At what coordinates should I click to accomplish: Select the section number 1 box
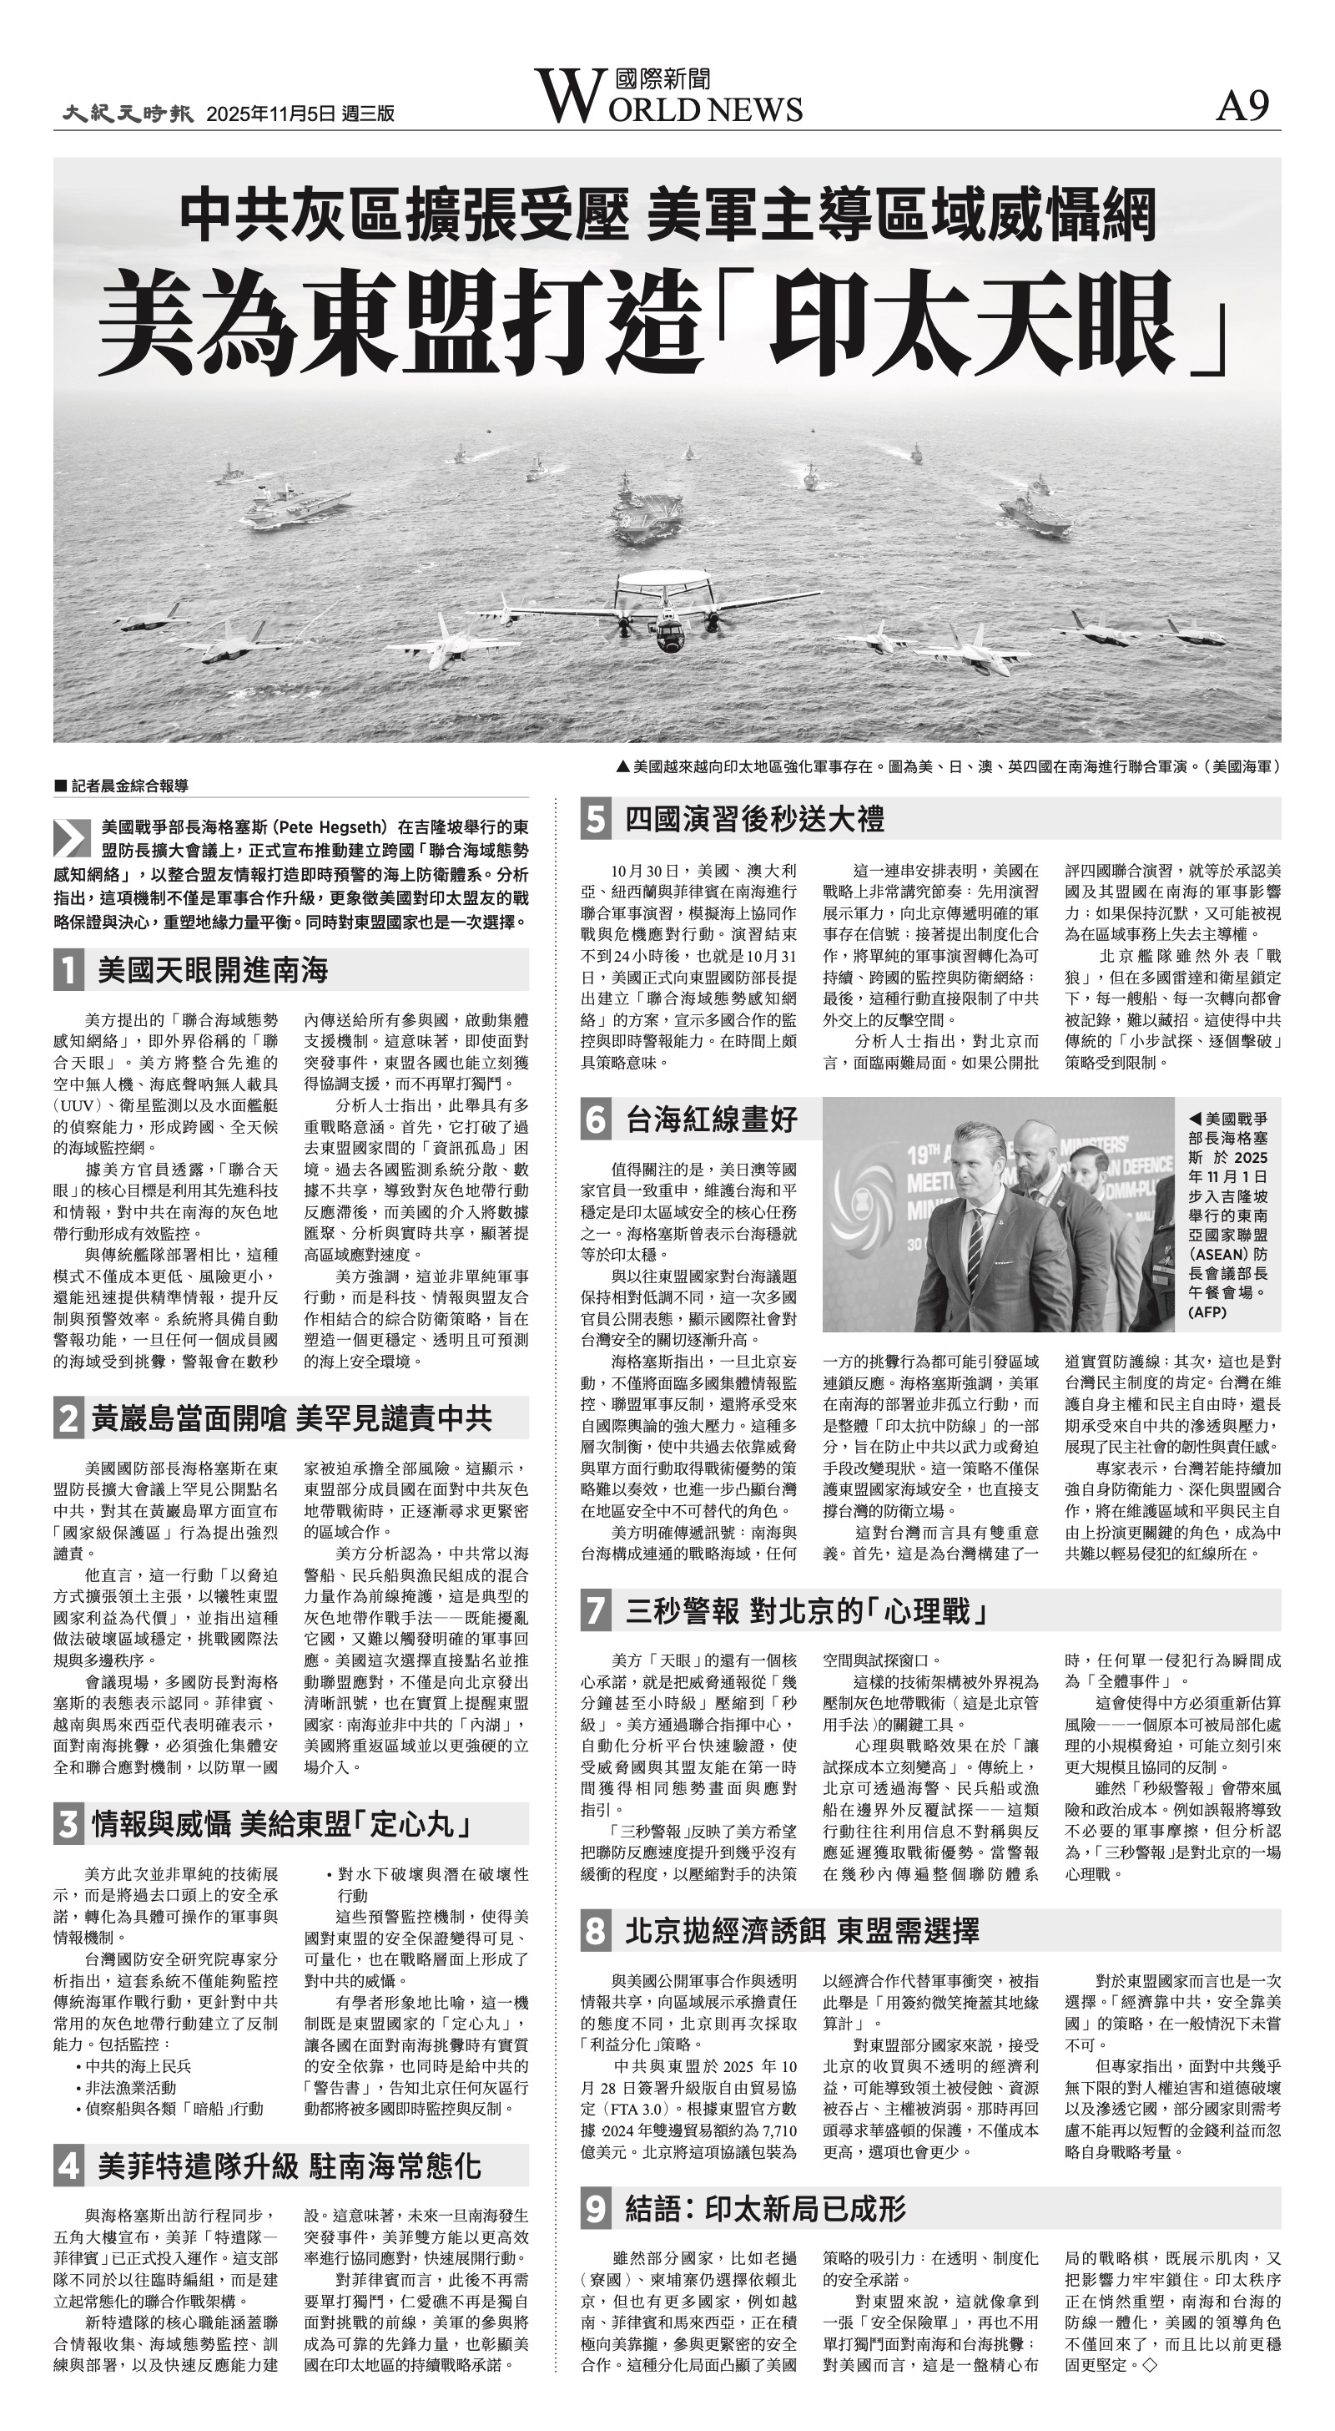[69, 970]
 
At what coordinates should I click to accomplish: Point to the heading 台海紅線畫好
[713, 1119]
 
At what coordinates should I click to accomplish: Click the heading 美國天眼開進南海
[212, 970]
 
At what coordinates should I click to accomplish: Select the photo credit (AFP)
[1207, 1312]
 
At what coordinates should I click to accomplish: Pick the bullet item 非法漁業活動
[131, 2088]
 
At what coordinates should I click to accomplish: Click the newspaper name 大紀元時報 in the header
[128, 114]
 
